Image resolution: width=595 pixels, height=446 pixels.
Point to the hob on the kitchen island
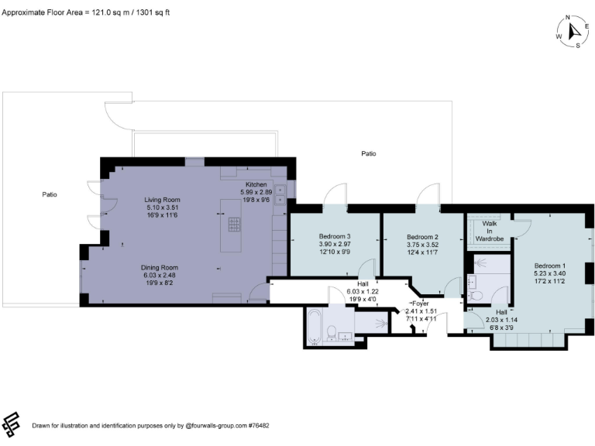233,225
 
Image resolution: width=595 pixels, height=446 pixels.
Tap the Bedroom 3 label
335,236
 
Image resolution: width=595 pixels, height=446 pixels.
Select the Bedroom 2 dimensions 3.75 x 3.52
423,245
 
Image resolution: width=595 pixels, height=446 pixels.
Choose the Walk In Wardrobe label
490,231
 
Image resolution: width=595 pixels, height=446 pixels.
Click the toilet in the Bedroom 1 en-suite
478,295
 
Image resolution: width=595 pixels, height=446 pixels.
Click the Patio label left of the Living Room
50,194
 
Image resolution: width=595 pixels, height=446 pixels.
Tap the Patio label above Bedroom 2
369,153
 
